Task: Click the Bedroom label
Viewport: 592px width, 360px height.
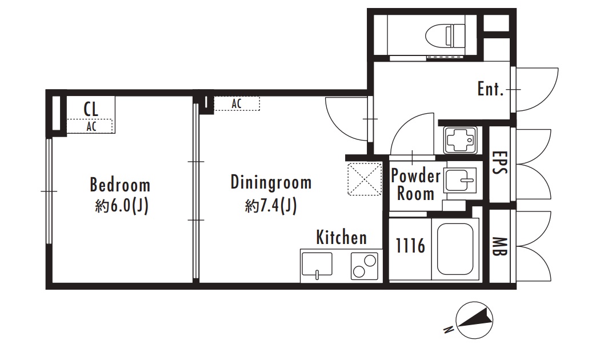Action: [x=120, y=185]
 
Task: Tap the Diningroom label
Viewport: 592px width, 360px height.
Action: [x=271, y=182]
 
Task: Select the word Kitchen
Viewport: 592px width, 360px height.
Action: [x=341, y=237]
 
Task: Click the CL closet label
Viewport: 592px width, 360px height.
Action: [x=91, y=109]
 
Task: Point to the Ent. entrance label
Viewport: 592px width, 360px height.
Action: [x=490, y=89]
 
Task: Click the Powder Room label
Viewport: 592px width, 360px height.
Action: [x=415, y=185]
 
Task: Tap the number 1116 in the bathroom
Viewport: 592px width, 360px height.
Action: [x=410, y=246]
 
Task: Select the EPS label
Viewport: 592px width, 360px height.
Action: [x=499, y=163]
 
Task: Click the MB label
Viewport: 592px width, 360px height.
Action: [x=499, y=246]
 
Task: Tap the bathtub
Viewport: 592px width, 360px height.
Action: [x=455, y=249]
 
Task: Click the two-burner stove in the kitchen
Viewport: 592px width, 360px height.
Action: [x=365, y=266]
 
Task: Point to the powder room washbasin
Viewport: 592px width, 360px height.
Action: [x=461, y=181]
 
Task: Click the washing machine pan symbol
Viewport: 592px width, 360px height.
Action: [x=460, y=141]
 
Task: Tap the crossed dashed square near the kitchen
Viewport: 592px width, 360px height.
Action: [x=365, y=179]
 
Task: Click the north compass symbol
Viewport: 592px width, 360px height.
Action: [x=474, y=320]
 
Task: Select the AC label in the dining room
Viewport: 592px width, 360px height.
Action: [x=237, y=103]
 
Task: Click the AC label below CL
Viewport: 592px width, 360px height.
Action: [x=91, y=126]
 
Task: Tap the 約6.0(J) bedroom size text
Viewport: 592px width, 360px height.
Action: [x=122, y=206]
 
